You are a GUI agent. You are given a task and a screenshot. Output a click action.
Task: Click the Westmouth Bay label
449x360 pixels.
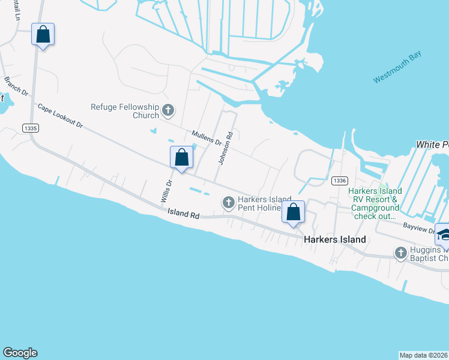pos(397,67)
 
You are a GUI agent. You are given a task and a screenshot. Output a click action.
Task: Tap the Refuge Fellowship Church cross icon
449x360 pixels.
pos(168,110)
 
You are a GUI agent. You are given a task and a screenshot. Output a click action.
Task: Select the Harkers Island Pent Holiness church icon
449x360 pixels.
pos(228,203)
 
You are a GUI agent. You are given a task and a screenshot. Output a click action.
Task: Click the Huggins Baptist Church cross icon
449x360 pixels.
pos(401,253)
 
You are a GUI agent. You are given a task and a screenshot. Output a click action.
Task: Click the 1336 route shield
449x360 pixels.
pos(339,180)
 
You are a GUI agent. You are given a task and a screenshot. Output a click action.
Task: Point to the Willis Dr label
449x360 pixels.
pos(166,191)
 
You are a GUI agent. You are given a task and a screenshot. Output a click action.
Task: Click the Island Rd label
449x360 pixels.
pos(183,212)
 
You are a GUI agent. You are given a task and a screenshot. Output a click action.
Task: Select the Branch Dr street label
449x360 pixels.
pos(16,86)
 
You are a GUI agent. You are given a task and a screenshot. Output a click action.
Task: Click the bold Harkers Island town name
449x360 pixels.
pos(334,239)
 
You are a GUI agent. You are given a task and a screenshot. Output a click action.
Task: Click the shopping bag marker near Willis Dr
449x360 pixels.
pos(182,158)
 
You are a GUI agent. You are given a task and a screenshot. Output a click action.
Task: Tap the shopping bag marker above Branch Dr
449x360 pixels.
pos(43,34)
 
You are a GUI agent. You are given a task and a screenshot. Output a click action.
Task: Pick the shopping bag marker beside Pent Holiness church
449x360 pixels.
pos(293,212)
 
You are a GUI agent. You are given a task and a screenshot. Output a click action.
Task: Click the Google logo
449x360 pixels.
pos(20,353)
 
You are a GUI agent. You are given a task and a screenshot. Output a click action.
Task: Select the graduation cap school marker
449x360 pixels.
pos(444,235)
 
